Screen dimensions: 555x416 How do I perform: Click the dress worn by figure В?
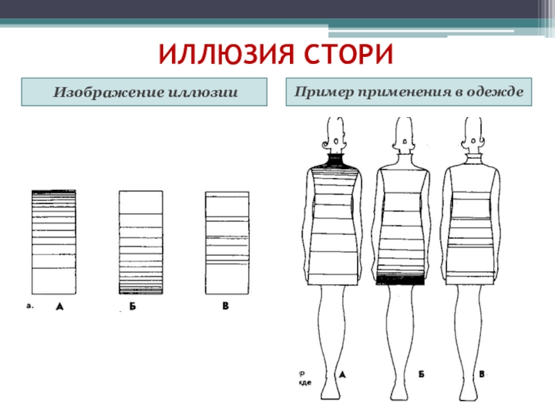click(471, 222)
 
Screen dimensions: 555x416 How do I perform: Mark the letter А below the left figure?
click(341, 374)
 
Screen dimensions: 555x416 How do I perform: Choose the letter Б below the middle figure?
click(421, 374)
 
